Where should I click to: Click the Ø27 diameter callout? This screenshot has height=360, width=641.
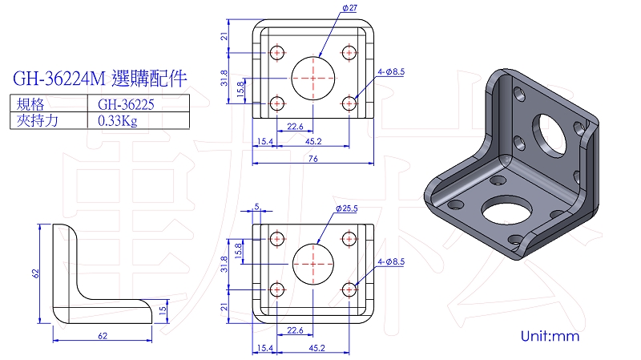click(350, 8)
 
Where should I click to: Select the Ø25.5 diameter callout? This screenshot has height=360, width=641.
click(347, 208)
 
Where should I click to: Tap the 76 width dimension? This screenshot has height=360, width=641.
click(313, 158)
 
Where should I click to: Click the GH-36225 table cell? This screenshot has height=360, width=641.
click(126, 105)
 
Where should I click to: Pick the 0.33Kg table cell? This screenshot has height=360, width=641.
click(117, 121)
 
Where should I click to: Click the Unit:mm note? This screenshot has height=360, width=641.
click(550, 336)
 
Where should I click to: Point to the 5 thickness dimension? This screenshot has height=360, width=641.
click(256, 207)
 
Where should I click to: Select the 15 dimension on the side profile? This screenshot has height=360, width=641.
click(163, 310)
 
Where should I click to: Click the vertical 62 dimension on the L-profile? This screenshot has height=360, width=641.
click(35, 273)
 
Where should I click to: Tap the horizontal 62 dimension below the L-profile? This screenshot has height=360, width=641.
click(103, 336)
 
